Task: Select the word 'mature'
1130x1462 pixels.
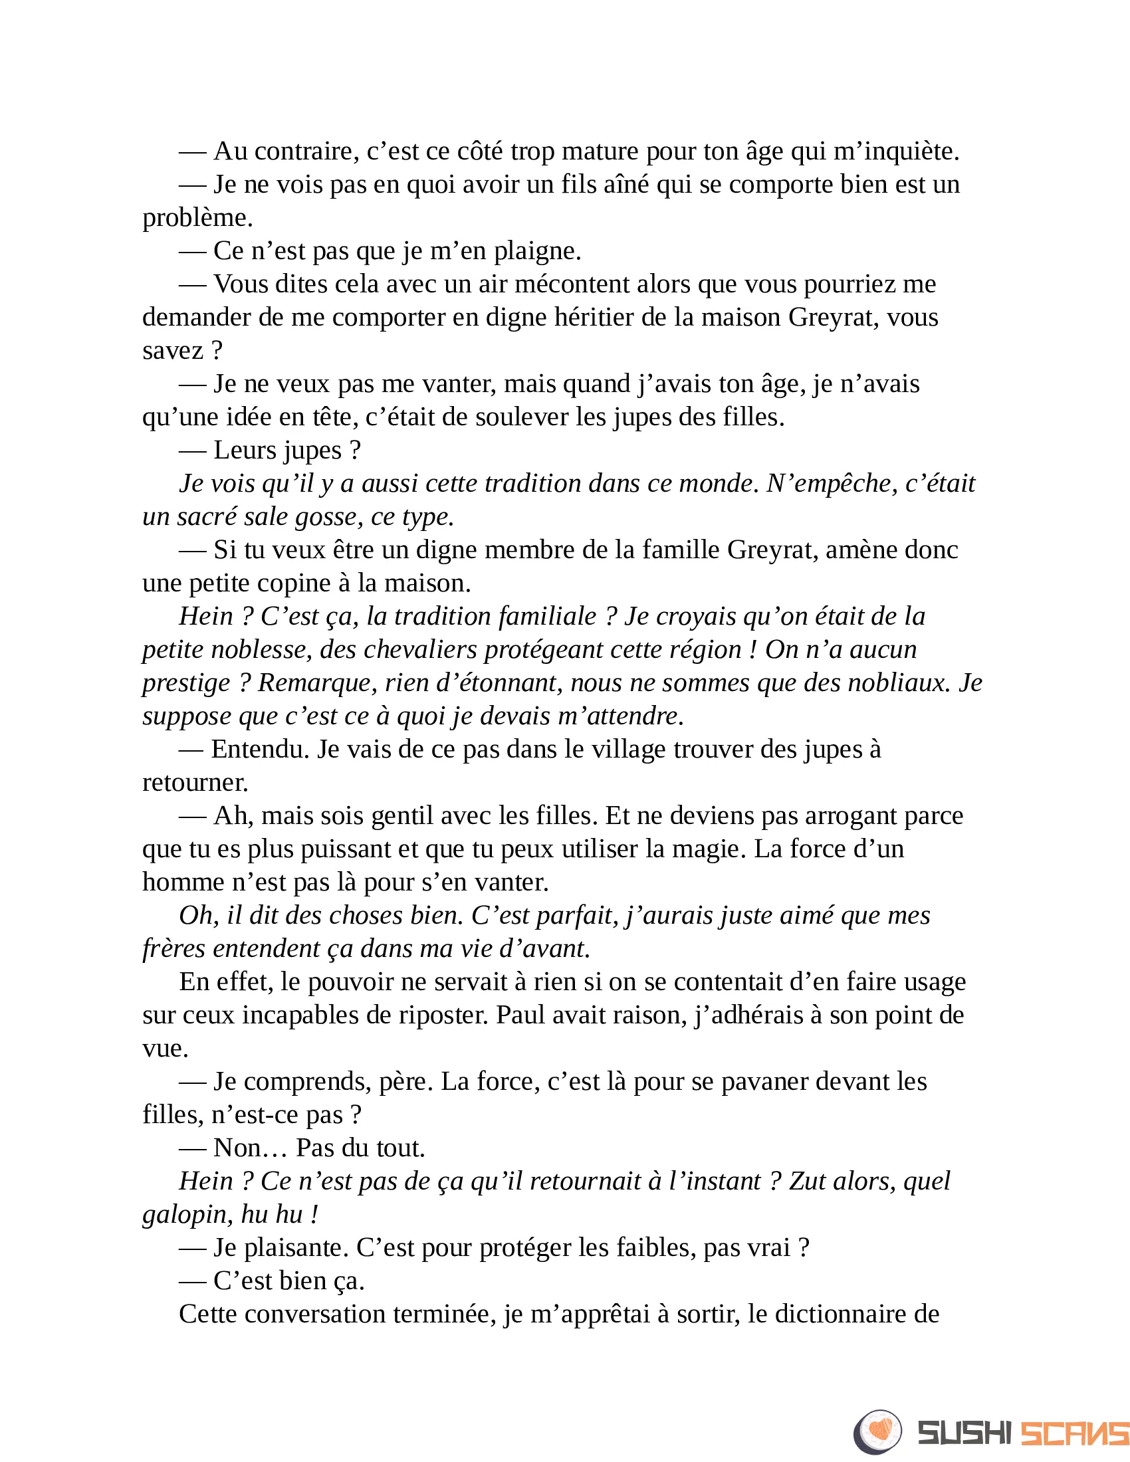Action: pos(599,152)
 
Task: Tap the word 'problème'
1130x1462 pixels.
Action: pos(197,218)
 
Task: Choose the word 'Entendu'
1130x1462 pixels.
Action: pos(260,749)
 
